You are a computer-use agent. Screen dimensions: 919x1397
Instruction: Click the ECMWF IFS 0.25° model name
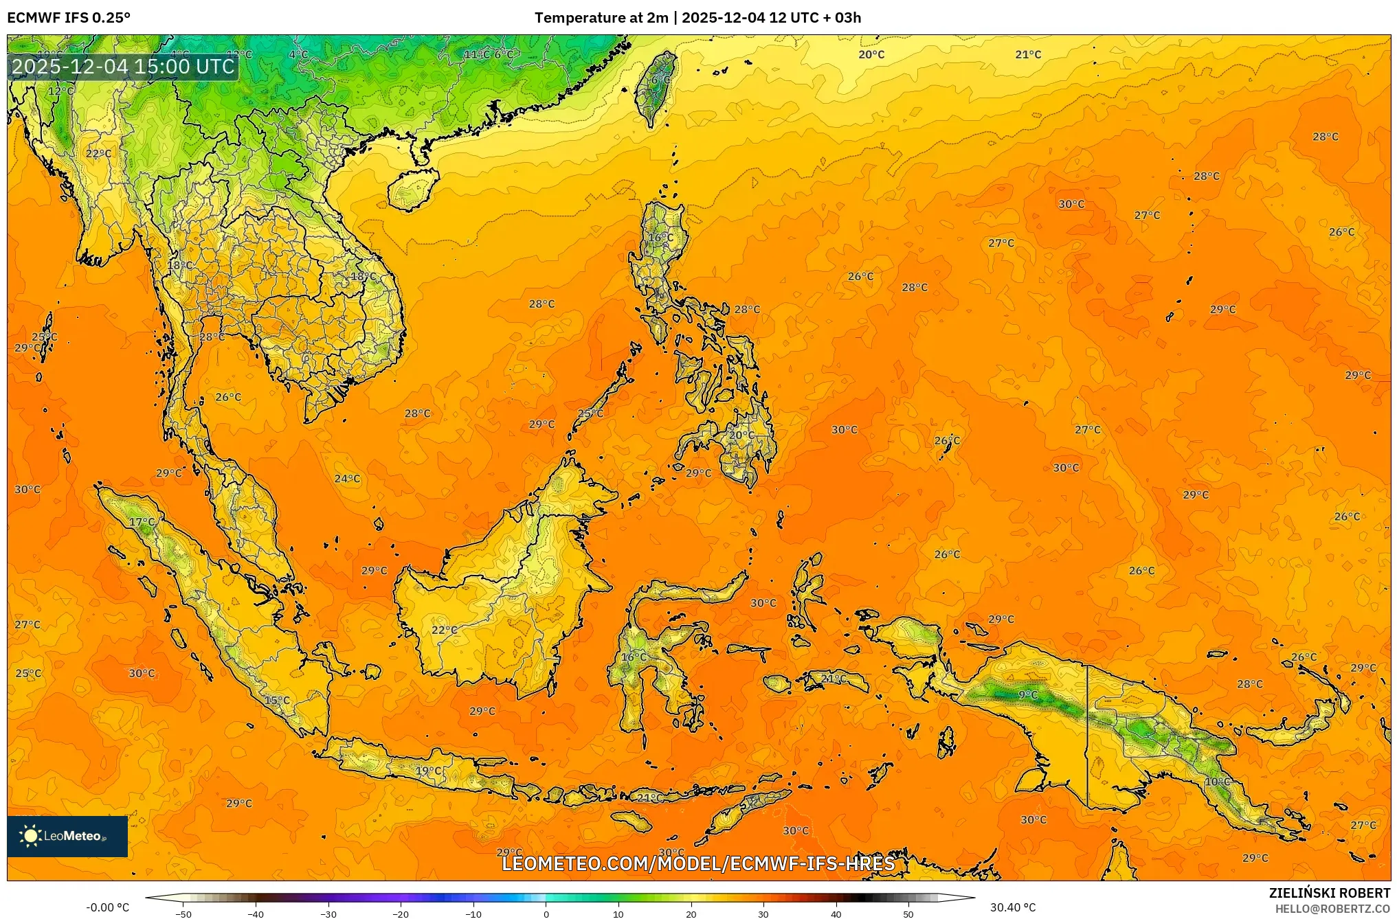(x=69, y=18)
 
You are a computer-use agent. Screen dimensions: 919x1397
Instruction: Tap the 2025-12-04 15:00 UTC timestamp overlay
(x=124, y=67)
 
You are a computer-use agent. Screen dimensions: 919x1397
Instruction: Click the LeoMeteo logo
(x=67, y=836)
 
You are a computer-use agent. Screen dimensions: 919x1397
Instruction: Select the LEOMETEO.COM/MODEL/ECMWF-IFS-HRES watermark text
(x=698, y=863)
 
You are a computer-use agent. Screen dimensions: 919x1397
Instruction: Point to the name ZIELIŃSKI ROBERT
(x=1329, y=893)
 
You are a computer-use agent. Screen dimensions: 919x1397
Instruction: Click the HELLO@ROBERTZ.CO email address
(x=1332, y=909)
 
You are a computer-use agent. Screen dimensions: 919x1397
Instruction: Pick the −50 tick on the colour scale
(x=183, y=914)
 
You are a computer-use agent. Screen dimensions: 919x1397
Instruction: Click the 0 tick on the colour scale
(x=546, y=914)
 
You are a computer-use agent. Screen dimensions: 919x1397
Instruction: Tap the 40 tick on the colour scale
(x=836, y=914)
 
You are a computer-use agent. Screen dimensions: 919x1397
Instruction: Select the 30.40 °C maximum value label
(x=1012, y=907)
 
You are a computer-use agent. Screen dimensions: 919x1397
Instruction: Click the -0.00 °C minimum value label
(x=107, y=907)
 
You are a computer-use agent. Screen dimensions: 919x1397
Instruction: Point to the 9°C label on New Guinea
(x=1028, y=695)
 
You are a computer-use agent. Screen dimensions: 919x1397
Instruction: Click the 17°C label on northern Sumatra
(x=142, y=522)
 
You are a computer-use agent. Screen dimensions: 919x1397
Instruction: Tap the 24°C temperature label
(x=347, y=479)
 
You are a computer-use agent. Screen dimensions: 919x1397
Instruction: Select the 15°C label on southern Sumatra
(x=277, y=701)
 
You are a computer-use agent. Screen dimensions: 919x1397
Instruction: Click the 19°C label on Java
(x=428, y=771)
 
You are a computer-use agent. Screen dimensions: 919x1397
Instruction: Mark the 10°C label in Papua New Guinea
(x=1217, y=782)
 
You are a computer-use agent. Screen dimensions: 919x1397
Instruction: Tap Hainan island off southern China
(x=412, y=189)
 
